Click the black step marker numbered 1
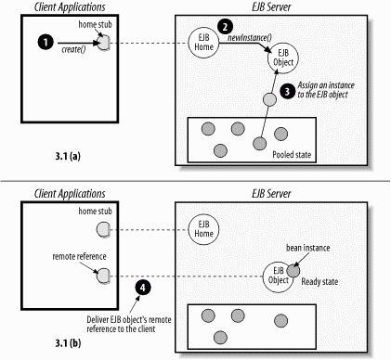(x=46, y=43)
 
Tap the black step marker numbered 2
(x=226, y=27)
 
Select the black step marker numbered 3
(x=288, y=92)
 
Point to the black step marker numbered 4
(x=142, y=288)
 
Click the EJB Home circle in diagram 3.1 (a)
(x=203, y=43)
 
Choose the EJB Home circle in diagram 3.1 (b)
(x=203, y=229)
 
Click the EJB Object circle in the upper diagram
(x=283, y=58)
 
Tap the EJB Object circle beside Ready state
(x=278, y=276)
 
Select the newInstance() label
(x=250, y=38)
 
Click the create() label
(x=73, y=49)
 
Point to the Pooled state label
(x=292, y=154)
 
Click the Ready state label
(x=319, y=282)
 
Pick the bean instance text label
(x=307, y=248)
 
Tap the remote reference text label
(x=79, y=256)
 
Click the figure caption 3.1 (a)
(x=68, y=156)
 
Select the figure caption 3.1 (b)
(x=68, y=343)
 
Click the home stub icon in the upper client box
(x=104, y=43)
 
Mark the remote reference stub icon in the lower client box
(x=103, y=276)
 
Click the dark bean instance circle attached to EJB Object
(x=293, y=271)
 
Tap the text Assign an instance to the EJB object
(x=326, y=90)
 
